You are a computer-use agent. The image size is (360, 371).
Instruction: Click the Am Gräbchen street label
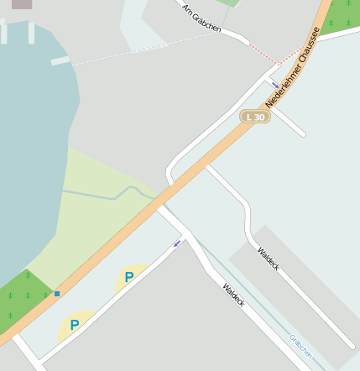201,18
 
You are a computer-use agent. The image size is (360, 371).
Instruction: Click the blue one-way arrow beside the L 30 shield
275,85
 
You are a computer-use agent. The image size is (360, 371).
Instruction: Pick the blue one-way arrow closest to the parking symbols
176,244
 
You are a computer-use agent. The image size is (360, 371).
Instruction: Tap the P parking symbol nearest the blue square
75,325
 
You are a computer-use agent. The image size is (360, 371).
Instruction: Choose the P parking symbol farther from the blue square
129,277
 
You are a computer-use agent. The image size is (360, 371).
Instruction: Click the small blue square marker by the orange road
57,294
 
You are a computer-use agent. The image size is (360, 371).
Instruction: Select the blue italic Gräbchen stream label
300,347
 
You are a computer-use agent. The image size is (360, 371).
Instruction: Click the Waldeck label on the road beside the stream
233,294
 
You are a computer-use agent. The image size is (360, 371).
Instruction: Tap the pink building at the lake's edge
22,3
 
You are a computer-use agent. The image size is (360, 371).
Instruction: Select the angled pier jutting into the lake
60,61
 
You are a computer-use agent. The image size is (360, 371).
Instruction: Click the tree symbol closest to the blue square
45,295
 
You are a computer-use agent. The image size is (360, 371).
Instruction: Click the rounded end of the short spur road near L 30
300,132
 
